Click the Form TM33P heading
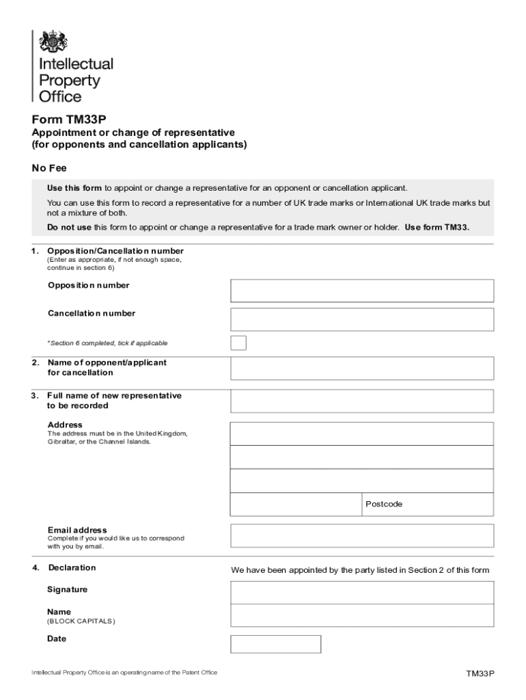pyautogui.click(x=69, y=118)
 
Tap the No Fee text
pyautogui.click(x=49, y=168)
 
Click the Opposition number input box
pyautogui.click(x=362, y=291)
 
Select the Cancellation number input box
pyautogui.click(x=362, y=319)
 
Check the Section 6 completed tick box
pyautogui.click(x=238, y=342)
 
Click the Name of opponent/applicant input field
pyautogui.click(x=362, y=368)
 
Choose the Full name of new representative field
pyautogui.click(x=362, y=401)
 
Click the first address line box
pyautogui.click(x=362, y=433)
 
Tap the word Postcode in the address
pyautogui.click(x=384, y=504)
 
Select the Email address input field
pyautogui.click(x=362, y=535)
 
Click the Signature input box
pyautogui.click(x=362, y=592)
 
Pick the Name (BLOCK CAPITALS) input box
pyautogui.click(x=362, y=615)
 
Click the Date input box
pyautogui.click(x=275, y=644)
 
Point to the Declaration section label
pyautogui.click(x=72, y=567)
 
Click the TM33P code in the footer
pyautogui.click(x=480, y=673)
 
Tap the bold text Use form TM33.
pyautogui.click(x=437, y=227)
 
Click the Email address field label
pyautogui.click(x=77, y=530)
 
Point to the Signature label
pyautogui.click(x=67, y=589)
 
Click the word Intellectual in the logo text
pyautogui.click(x=76, y=64)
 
